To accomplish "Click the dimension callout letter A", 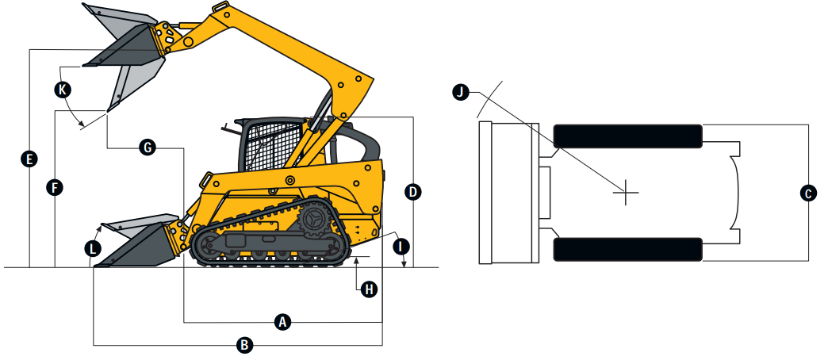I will (282, 321).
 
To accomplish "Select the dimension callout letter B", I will (245, 345).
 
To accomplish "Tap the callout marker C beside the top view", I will (807, 192).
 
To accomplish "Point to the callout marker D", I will (412, 191).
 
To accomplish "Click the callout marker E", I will (29, 159).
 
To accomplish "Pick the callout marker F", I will (54, 188).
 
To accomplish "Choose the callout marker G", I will (147, 147).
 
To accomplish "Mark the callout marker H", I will (368, 289).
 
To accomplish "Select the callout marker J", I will (459, 93).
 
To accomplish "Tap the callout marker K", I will (62, 90).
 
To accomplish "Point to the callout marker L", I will (93, 248).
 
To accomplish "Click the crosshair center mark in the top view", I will (626, 192).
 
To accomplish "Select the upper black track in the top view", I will (628, 136).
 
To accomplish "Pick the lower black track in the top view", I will (628, 249).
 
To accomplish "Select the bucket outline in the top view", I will (508, 193).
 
